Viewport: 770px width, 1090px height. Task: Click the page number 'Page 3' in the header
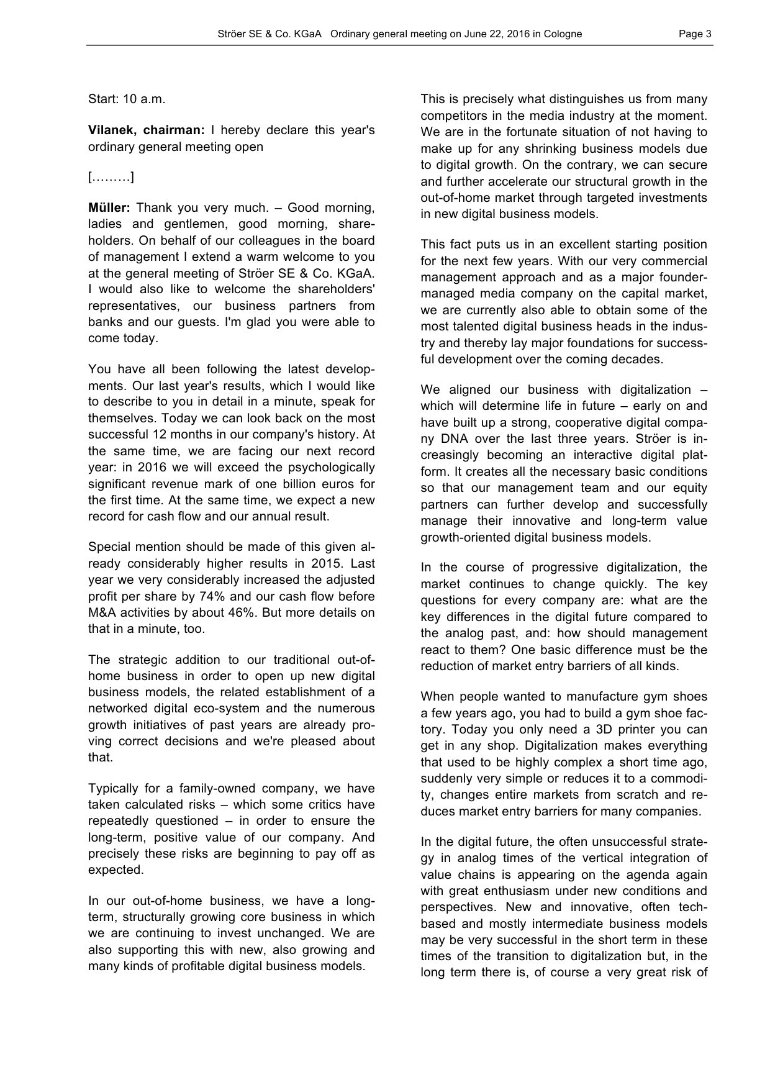point(695,34)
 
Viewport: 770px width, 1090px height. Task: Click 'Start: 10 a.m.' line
point(127,99)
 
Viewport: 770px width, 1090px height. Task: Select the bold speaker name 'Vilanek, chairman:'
point(146,130)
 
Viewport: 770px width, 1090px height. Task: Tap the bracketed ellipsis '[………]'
point(111,178)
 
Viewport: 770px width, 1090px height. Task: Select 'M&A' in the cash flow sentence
point(102,612)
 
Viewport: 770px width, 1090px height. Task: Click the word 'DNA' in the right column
point(455,438)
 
